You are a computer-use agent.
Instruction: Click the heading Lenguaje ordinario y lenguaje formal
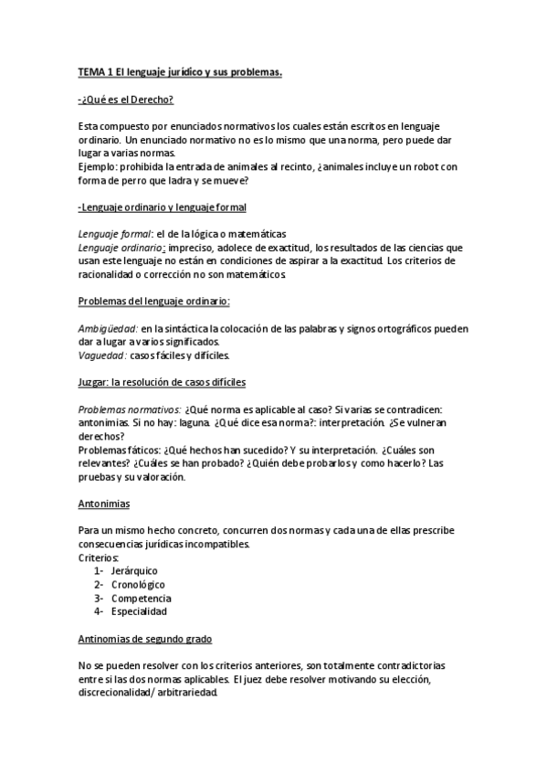(x=163, y=207)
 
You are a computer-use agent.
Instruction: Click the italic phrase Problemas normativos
(x=129, y=409)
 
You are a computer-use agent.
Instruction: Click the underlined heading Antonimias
(x=104, y=504)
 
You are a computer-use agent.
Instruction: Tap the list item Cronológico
(x=141, y=585)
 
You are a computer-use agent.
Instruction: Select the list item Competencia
(x=142, y=598)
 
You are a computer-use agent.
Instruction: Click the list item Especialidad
(x=141, y=611)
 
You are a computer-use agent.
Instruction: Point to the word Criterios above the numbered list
(x=100, y=557)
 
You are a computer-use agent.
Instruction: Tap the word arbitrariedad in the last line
(x=188, y=693)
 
